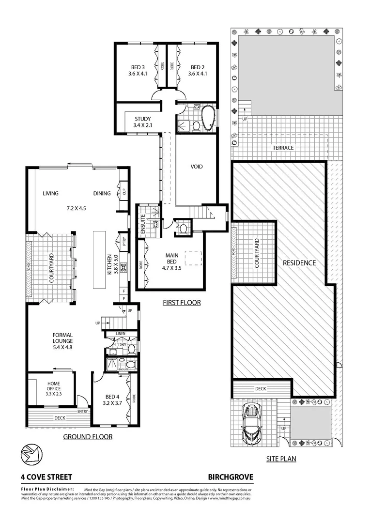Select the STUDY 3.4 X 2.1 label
[142, 122]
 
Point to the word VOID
[196, 167]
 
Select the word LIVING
[50, 193]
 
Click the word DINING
[102, 193]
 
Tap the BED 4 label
[111, 399]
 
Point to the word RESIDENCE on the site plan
[299, 263]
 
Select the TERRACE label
[283, 148]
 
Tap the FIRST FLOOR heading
[181, 303]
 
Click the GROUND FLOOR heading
[88, 437]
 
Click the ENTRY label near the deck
[82, 412]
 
